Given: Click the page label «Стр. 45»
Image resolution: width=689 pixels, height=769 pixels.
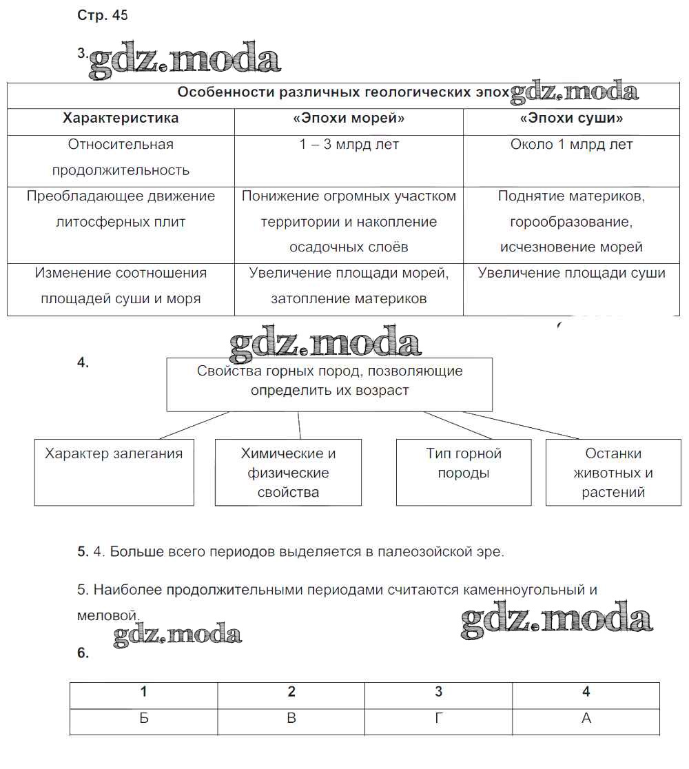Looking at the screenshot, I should pyautogui.click(x=103, y=16).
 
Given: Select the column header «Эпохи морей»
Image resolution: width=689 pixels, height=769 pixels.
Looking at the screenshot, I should pyautogui.click(x=349, y=119).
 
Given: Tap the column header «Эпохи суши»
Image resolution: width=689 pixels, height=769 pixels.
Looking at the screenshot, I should pyautogui.click(x=571, y=119).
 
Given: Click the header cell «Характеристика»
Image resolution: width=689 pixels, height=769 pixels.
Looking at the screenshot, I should pyautogui.click(x=121, y=119).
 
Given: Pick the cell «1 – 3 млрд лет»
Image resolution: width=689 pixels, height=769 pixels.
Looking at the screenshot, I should pyautogui.click(x=349, y=145).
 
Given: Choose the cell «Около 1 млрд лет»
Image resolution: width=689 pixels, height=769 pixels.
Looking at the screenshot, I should pyautogui.click(x=571, y=145).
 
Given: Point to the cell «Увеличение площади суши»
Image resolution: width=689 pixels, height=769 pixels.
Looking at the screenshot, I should pyautogui.click(x=571, y=273).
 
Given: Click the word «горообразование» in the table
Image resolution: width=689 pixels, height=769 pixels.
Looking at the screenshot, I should pyautogui.click(x=571, y=222).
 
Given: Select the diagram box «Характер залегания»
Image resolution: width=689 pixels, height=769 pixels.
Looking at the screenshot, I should pyautogui.click(x=114, y=472).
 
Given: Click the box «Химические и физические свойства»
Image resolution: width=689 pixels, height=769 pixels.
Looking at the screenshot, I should pyautogui.click(x=288, y=473).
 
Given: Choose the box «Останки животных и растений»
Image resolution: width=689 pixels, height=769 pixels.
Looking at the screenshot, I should pyautogui.click(x=613, y=473).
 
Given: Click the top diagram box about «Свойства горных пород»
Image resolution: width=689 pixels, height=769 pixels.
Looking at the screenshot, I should pyautogui.click(x=329, y=384).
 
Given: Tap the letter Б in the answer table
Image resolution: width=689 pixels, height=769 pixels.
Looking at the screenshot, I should pyautogui.click(x=143, y=718).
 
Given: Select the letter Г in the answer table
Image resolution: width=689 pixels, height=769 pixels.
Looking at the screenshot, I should pyautogui.click(x=438, y=718).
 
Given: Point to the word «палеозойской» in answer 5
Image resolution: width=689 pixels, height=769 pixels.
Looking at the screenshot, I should pyautogui.click(x=424, y=552).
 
